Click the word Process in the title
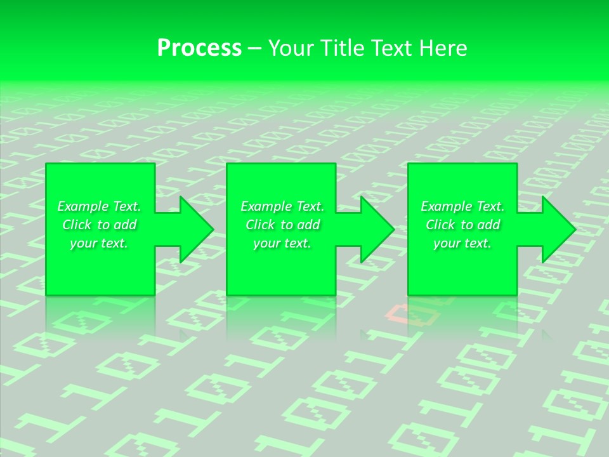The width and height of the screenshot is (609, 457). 199,48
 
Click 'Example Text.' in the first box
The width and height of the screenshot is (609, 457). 99,206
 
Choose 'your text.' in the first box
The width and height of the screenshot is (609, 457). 99,243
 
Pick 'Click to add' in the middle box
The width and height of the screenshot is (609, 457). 282,225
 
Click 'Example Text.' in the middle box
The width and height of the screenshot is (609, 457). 282,206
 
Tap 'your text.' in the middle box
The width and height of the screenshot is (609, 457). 282,243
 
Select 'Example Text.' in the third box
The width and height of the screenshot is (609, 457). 462,206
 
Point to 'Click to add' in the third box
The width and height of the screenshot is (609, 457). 462,225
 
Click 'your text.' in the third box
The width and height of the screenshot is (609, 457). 462,243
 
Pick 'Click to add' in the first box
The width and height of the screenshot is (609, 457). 99,225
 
